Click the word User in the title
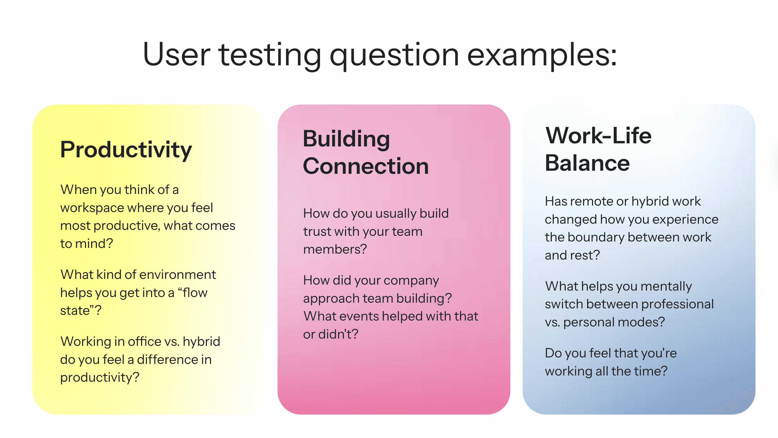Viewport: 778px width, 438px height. click(x=176, y=55)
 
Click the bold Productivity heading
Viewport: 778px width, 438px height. click(x=126, y=150)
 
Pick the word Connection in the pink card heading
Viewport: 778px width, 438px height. click(x=366, y=166)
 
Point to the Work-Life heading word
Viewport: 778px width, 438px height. click(x=598, y=135)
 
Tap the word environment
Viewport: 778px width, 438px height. click(x=178, y=275)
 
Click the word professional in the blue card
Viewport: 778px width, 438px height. click(x=677, y=304)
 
